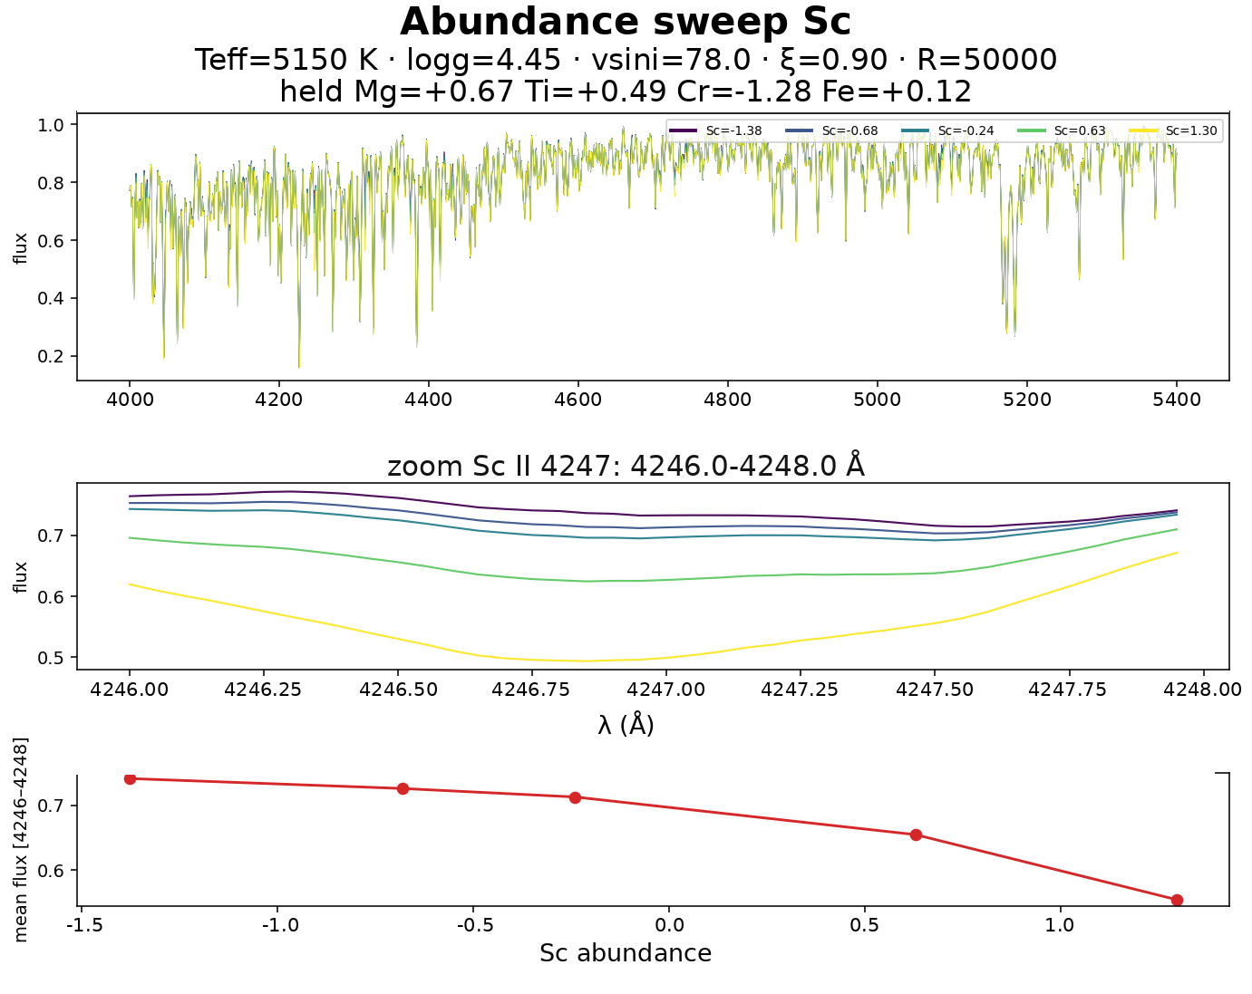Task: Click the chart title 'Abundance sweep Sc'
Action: (626, 22)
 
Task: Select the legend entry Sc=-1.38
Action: (715, 130)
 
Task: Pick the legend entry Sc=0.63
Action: (1062, 130)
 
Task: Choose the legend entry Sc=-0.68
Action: (831, 130)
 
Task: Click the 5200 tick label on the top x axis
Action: (1027, 400)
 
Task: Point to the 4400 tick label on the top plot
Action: (428, 400)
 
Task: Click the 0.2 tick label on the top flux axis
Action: (50, 356)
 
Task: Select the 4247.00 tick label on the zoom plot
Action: (665, 690)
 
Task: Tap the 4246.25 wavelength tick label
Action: (263, 690)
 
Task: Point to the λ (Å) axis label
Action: (626, 725)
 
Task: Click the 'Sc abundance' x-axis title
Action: (626, 953)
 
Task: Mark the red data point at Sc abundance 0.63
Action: (916, 835)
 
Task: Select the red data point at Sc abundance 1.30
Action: (1177, 901)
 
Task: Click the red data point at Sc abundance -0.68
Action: (403, 788)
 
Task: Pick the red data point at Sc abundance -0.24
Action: (575, 797)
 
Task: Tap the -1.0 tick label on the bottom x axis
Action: (280, 925)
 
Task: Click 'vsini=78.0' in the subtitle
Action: (671, 61)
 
